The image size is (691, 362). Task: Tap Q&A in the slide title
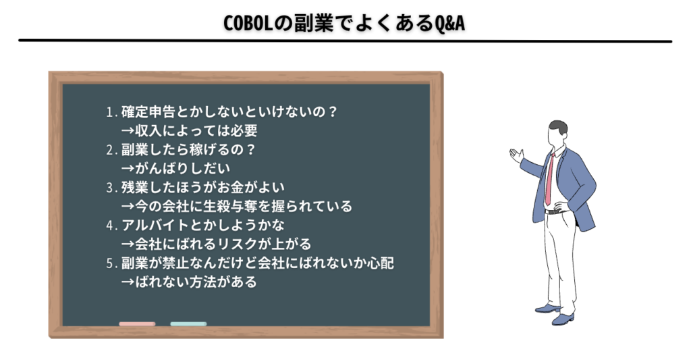pyautogui.click(x=449, y=23)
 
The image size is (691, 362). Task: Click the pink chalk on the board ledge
pyautogui.click(x=137, y=324)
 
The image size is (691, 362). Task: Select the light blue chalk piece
pyautogui.click(x=189, y=324)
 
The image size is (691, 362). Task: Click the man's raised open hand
pyautogui.click(x=516, y=155)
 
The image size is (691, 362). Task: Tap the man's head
pyautogui.click(x=557, y=132)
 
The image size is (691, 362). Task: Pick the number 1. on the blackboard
pyautogui.click(x=111, y=112)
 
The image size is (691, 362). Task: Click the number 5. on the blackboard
pyautogui.click(x=111, y=263)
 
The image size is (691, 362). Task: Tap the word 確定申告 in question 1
pyautogui.click(x=148, y=112)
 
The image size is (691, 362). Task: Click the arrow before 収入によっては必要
pyautogui.click(x=128, y=131)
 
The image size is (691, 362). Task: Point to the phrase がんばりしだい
pyautogui.click(x=182, y=168)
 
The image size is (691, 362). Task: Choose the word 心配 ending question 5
pyautogui.click(x=381, y=263)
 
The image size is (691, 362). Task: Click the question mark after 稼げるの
pyautogui.click(x=250, y=150)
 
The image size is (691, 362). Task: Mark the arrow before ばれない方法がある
pyautogui.click(x=128, y=282)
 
